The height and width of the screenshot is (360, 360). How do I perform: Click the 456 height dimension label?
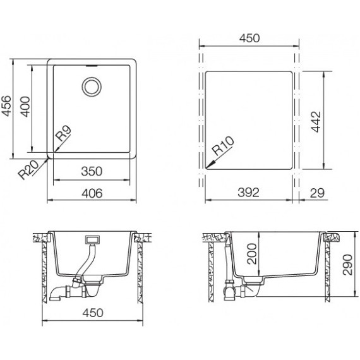pyautogui.click(x=6, y=106)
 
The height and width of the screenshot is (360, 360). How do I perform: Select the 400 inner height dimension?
pyautogui.click(x=25, y=107)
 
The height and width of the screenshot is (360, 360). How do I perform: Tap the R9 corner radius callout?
pyautogui.click(x=64, y=134)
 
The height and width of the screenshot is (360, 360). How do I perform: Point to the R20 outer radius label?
pyautogui.click(x=28, y=170)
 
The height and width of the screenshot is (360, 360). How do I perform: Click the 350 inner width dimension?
pyautogui.click(x=92, y=171)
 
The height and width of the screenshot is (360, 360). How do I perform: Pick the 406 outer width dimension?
pyautogui.click(x=92, y=193)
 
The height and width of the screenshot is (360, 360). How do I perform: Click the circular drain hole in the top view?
pyautogui.click(x=92, y=87)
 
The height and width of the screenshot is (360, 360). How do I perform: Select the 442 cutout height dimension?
pyautogui.click(x=316, y=122)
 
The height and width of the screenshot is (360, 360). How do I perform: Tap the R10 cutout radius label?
pyautogui.click(x=223, y=146)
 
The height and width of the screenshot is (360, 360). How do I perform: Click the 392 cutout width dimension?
pyautogui.click(x=248, y=193)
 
